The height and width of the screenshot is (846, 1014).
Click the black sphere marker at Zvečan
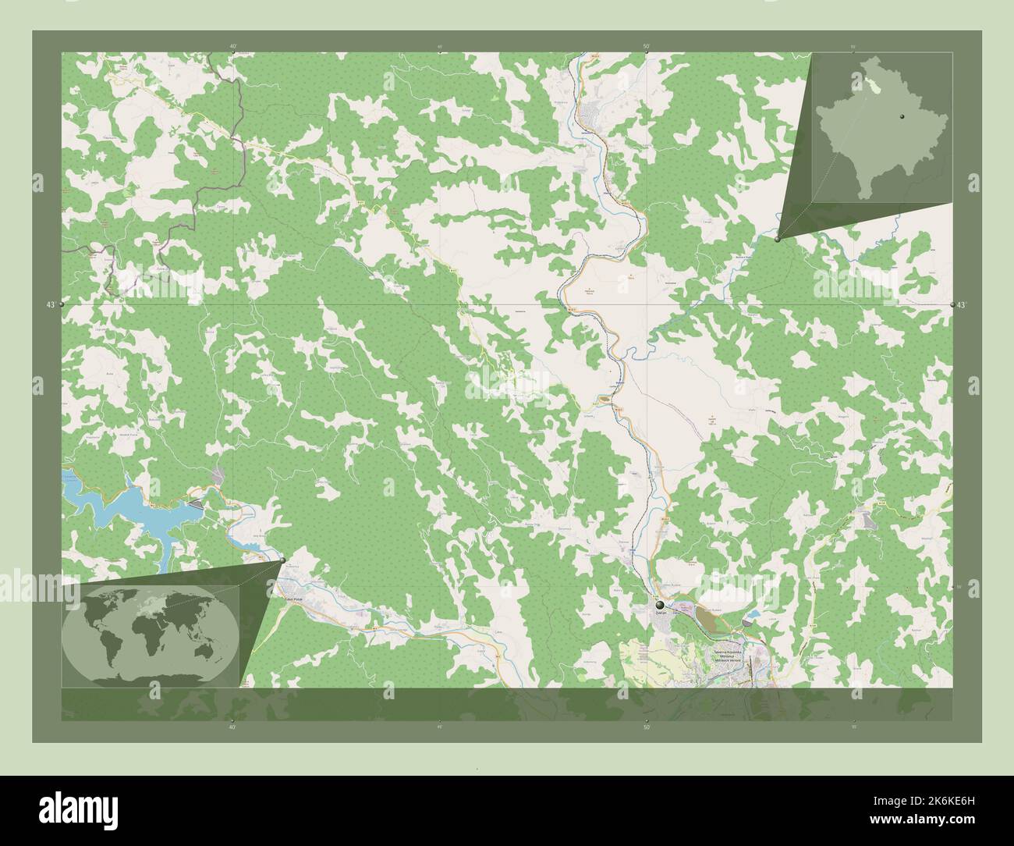[x=660, y=605]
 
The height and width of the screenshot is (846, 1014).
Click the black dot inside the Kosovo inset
[x=899, y=116]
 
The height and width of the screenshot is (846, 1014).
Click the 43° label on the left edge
[x=51, y=304]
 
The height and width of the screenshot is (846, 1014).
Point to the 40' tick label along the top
[x=233, y=46]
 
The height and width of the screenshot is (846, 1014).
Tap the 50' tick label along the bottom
[x=646, y=727]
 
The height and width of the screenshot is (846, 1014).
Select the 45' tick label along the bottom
[x=440, y=727]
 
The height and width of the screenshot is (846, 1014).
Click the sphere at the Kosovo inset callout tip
[x=778, y=240]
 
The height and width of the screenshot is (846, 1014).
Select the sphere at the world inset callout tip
[x=282, y=560]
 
